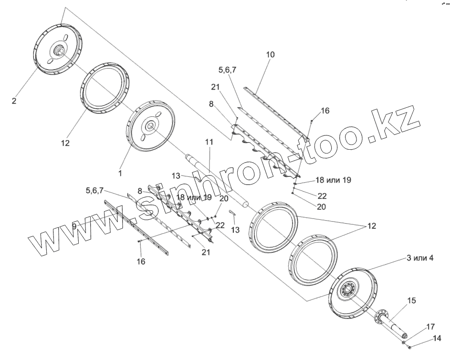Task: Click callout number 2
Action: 14,102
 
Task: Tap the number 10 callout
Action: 271,55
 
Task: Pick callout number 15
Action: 411,300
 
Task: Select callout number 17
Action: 430,327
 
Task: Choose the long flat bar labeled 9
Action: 136,224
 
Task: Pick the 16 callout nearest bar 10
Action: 325,111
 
